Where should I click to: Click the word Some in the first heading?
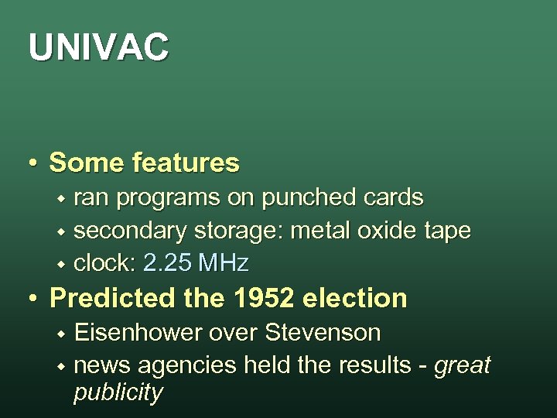point(87,163)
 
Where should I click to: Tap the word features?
point(186,163)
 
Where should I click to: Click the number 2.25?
point(168,264)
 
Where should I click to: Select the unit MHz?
point(224,264)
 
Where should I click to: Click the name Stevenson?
point(323,333)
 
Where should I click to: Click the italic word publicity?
point(118,392)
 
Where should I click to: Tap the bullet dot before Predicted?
point(33,299)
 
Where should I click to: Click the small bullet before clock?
point(60,265)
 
